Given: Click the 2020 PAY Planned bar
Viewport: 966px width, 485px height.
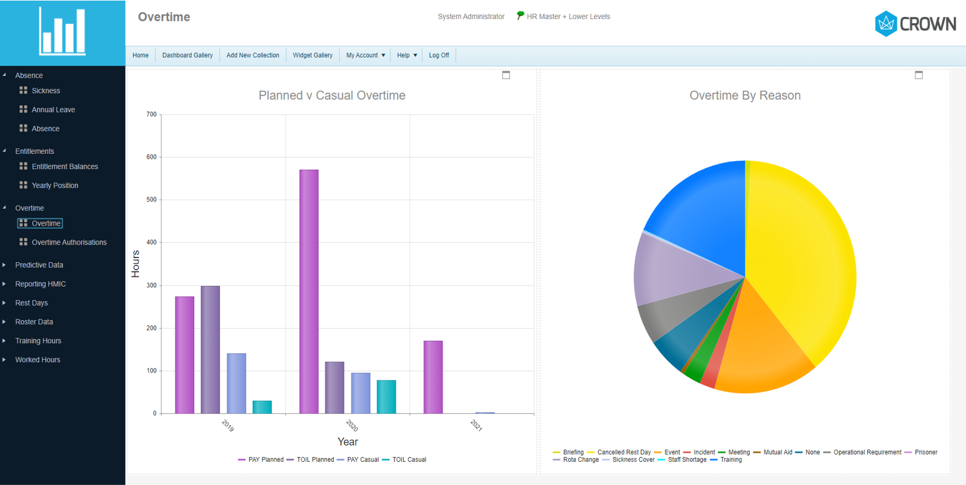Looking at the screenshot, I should pyautogui.click(x=309, y=291).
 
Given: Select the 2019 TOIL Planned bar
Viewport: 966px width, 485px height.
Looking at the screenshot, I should pyautogui.click(x=210, y=349).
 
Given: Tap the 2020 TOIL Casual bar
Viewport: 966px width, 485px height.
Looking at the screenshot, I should pyautogui.click(x=386, y=397).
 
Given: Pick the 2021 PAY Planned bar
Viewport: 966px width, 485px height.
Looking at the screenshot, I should pyautogui.click(x=433, y=377).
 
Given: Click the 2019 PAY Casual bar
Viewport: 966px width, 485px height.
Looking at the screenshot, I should pyautogui.click(x=236, y=383).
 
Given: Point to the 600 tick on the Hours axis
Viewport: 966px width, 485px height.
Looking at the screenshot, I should pyautogui.click(x=151, y=157).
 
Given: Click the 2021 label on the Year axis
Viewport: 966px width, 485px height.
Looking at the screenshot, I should pyautogui.click(x=476, y=425).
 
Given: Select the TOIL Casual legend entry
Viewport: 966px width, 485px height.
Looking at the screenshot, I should pyautogui.click(x=409, y=459).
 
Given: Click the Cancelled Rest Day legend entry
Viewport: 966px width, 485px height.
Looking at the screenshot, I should pyautogui.click(x=623, y=452).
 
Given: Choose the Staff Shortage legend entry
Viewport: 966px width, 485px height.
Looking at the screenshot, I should pyautogui.click(x=686, y=459).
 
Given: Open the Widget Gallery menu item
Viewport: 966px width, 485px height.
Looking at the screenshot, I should pyautogui.click(x=312, y=55).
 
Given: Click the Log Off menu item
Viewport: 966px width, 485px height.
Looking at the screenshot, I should pyautogui.click(x=439, y=55).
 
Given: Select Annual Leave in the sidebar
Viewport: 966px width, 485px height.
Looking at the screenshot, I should pyautogui.click(x=53, y=110).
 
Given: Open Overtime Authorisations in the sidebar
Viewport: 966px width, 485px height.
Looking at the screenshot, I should pyautogui.click(x=69, y=242).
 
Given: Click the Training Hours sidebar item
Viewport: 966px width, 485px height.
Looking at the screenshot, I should pyautogui.click(x=38, y=341).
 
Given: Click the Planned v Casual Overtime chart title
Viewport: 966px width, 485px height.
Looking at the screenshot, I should pyautogui.click(x=332, y=96).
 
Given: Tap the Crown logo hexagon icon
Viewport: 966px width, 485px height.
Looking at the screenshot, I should pyautogui.click(x=886, y=24).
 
